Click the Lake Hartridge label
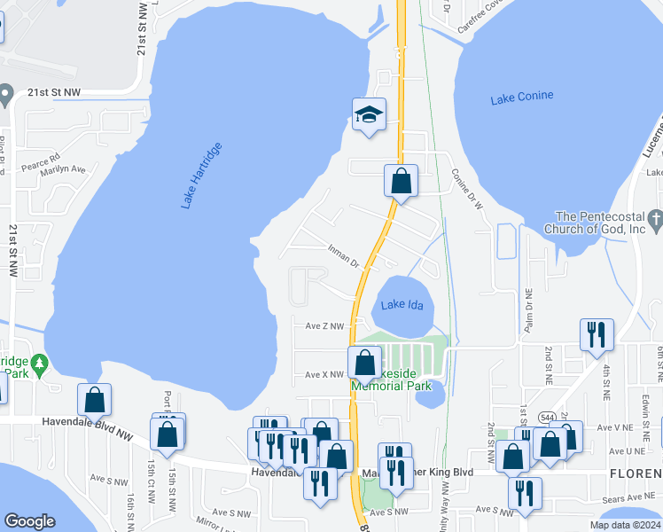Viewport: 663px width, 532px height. coord(201,175)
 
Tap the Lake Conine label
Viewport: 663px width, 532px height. coord(522,97)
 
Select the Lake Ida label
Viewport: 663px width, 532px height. coord(402,305)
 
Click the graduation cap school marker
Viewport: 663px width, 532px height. coord(370,115)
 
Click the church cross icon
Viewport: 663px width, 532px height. coord(655,217)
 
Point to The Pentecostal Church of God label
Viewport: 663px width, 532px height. coord(603,223)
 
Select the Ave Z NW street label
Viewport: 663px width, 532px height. coord(324,326)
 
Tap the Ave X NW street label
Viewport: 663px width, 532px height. coord(324,375)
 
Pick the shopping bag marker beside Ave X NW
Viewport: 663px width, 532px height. coord(365,363)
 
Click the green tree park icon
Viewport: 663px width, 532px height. coord(38,364)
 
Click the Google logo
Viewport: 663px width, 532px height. coord(30,521)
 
